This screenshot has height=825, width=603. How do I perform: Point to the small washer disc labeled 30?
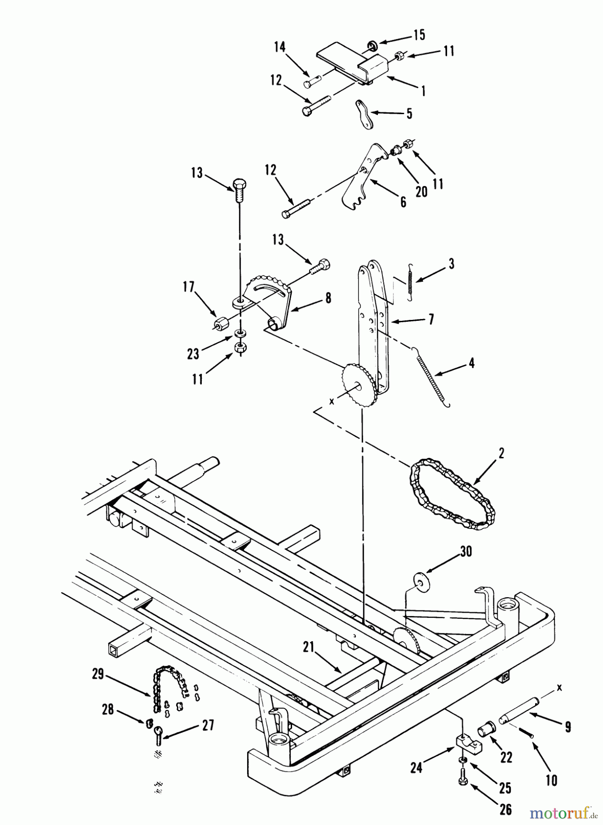[x=418, y=579]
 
